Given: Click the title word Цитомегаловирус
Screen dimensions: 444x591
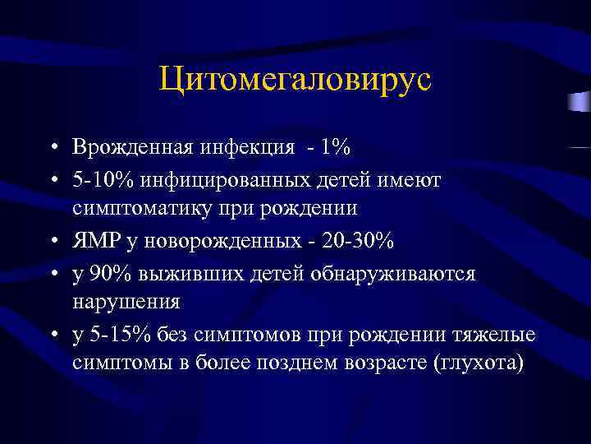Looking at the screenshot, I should [295, 81].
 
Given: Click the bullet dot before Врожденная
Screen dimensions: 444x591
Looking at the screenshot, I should [52, 149].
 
